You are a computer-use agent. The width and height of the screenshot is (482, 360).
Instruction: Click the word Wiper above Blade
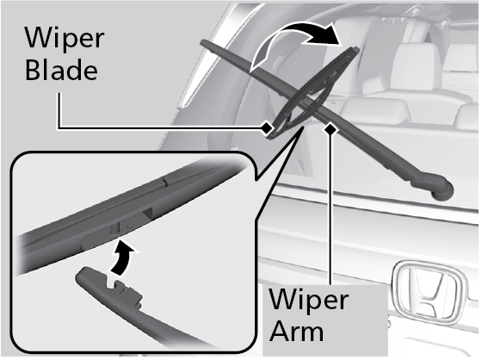65,38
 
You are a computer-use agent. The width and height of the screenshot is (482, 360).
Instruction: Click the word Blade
61,70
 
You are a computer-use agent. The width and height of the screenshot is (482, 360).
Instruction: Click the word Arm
298,332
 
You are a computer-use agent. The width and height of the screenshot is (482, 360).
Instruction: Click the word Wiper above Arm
309,300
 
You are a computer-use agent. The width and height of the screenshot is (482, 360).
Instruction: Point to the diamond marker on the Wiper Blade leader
267,127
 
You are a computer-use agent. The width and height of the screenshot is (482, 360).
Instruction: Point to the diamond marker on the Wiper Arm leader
331,128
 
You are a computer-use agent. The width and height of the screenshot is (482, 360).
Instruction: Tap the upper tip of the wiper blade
355,49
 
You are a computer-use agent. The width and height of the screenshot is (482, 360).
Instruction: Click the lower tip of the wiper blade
270,137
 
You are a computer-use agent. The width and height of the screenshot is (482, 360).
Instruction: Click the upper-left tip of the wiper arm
203,42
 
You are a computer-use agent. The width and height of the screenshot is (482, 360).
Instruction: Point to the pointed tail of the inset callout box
302,127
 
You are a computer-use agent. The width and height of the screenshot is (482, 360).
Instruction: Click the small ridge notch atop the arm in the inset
165,183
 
